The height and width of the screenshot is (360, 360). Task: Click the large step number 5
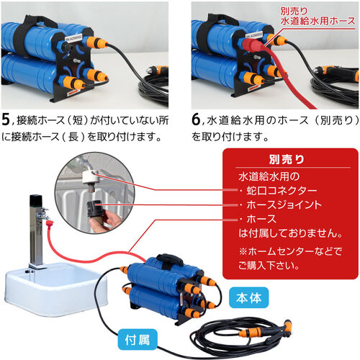6,120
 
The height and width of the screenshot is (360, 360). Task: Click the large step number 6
196,120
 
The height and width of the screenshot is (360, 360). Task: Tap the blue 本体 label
248,297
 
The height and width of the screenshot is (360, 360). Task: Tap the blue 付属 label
138,340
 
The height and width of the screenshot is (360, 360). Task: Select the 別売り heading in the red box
287,159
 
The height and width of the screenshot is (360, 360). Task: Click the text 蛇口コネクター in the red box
282,191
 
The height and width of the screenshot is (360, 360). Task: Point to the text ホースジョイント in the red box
284,204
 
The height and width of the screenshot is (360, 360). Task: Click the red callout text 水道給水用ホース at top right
318,21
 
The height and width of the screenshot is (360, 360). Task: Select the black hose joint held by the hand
95,207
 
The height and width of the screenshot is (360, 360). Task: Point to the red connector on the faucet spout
50,224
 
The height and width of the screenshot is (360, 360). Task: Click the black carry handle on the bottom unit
170,258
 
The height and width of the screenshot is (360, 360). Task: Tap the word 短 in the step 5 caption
78,120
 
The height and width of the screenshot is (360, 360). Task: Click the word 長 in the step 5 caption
73,137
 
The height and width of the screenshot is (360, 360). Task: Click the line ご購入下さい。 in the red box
269,266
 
